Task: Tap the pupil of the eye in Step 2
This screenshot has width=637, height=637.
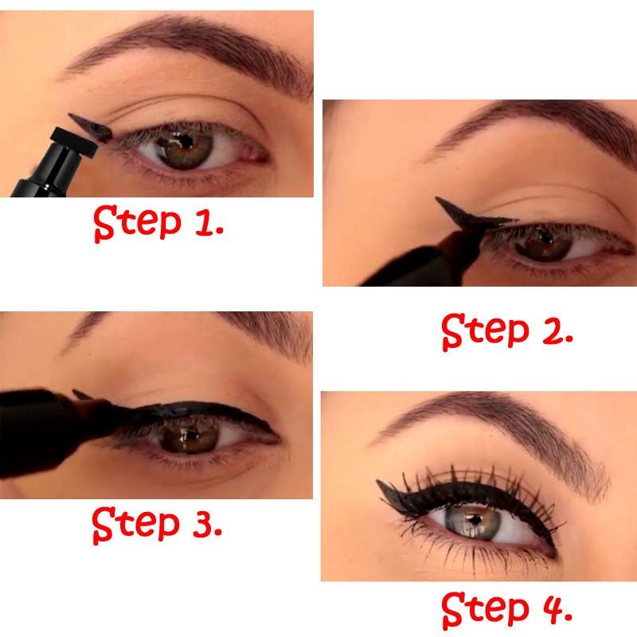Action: [546, 236]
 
